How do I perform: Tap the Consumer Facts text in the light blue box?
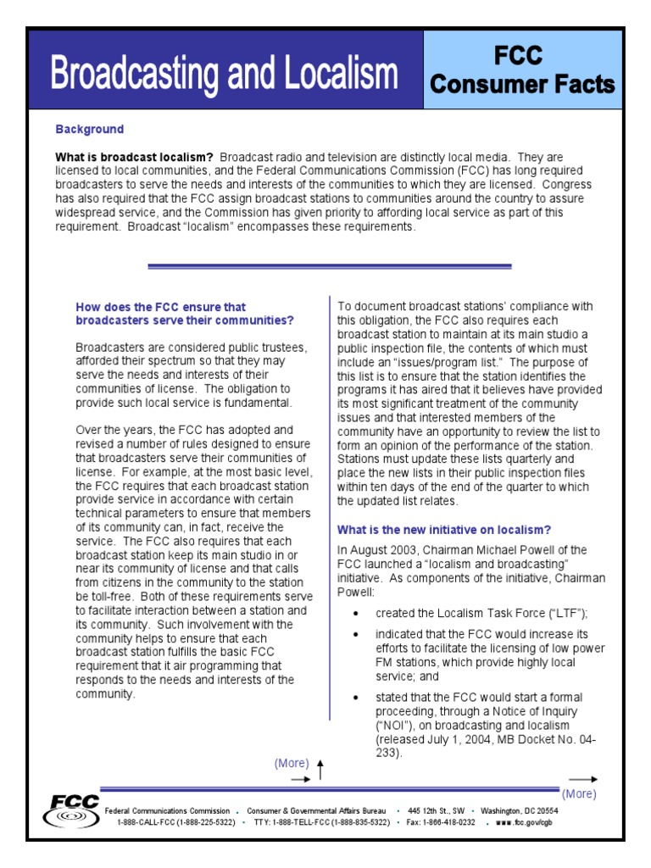(x=522, y=85)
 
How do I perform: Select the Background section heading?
(x=89, y=130)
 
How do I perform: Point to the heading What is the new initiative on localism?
(x=444, y=530)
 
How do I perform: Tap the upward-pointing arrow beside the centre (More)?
(x=320, y=768)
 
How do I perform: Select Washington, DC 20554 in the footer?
(x=519, y=810)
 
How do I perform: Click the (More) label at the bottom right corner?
(x=579, y=794)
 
